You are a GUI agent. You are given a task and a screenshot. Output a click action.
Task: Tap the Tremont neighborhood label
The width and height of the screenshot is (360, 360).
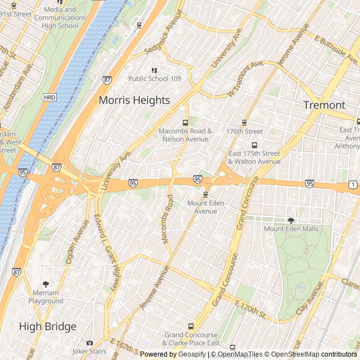click(324, 105)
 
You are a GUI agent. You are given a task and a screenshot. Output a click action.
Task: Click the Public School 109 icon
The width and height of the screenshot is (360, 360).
click(154, 70)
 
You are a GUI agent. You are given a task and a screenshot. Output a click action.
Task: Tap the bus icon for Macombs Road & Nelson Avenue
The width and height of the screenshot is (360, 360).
click(185, 123)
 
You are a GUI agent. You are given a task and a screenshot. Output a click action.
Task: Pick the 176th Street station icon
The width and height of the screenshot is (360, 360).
click(244, 123)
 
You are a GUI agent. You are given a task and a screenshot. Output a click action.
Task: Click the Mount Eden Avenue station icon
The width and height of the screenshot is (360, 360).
click(205, 195)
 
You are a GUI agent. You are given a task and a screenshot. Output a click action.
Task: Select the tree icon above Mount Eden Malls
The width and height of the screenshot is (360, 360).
click(291, 220)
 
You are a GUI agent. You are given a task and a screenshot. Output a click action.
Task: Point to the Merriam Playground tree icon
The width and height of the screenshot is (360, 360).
click(46, 285)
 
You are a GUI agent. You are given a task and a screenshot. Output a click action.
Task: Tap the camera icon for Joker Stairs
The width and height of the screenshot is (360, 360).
click(89, 343)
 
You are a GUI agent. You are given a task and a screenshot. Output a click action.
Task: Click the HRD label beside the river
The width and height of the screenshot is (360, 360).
click(49, 97)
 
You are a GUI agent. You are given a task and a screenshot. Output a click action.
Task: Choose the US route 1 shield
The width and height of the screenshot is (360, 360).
click(352, 184)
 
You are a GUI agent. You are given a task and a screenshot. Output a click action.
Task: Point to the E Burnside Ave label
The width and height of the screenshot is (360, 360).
click(336, 49)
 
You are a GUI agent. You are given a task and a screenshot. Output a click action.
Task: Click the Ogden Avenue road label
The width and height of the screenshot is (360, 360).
click(78, 242)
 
